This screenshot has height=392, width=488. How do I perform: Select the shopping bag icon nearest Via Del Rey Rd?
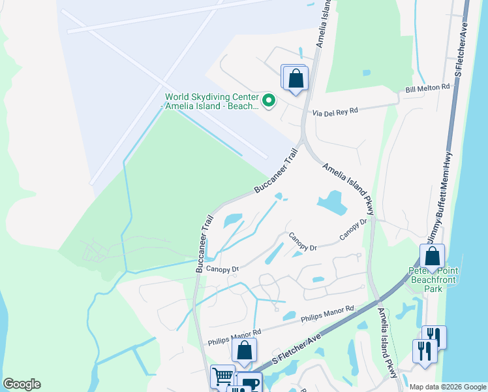tap(295, 78)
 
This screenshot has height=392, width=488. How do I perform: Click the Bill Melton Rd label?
tap(428, 87)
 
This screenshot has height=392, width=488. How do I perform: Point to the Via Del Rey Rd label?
tap(336, 111)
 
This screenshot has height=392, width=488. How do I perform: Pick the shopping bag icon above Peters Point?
tap(432, 256)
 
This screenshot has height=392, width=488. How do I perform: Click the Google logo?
tap(22, 384)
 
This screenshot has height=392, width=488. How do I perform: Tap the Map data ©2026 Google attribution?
tap(447, 387)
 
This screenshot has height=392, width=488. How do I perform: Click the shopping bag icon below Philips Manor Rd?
tap(244, 351)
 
